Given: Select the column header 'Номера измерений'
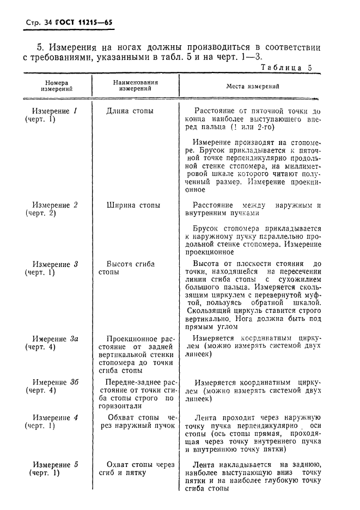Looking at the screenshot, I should [57, 86].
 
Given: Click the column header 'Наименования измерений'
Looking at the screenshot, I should [136, 86].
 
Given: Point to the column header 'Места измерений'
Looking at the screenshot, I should [253, 86].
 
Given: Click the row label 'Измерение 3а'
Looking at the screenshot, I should [55, 338].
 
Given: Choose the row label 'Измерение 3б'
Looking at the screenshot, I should [55, 382].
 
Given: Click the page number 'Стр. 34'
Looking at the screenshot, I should [37, 23].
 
